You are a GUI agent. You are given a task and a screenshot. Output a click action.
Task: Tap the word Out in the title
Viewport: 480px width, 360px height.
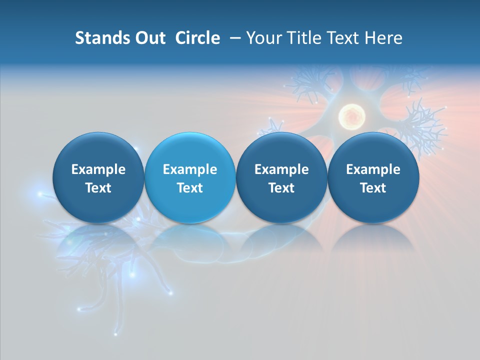pos(150,38)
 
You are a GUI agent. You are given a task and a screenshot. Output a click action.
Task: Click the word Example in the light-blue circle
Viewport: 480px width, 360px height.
pos(190,169)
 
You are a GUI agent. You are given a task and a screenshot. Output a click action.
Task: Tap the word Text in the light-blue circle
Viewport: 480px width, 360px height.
pos(190,188)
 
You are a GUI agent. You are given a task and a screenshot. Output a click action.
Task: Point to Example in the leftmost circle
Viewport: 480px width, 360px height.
pos(98,169)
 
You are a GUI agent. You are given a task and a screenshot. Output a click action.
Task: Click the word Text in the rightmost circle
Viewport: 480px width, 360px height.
pos(373,188)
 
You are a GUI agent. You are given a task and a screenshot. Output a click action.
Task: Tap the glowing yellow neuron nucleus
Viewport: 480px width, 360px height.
pos(351,116)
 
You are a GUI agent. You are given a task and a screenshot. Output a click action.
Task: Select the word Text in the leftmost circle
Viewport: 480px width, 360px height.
pos(98,188)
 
